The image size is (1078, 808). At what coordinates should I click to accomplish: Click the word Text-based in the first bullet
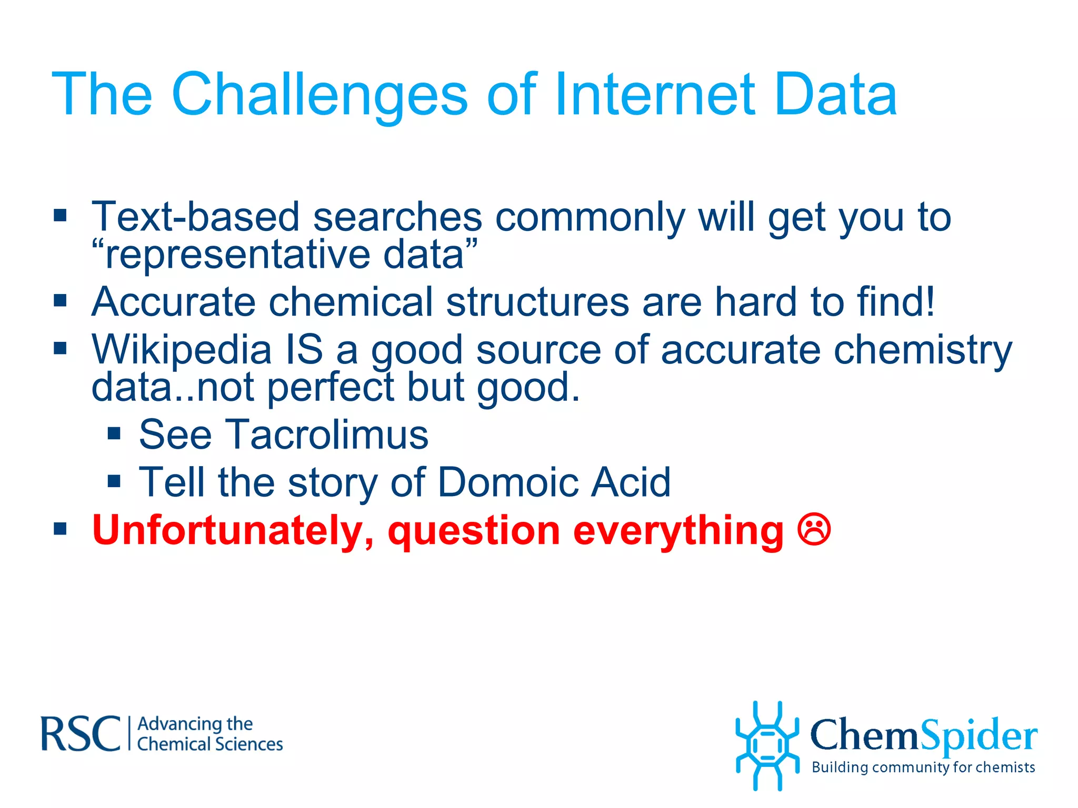[x=195, y=217]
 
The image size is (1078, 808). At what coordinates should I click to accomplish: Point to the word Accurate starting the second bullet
[x=173, y=302]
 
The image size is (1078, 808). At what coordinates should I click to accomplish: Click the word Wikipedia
[x=182, y=350]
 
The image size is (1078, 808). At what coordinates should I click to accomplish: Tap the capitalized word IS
[x=304, y=350]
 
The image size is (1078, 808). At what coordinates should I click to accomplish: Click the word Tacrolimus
[x=327, y=435]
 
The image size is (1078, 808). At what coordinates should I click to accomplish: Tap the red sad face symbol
[x=814, y=529]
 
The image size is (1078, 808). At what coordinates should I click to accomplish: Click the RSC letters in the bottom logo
[x=81, y=734]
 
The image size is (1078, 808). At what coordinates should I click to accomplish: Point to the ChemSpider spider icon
[x=767, y=745]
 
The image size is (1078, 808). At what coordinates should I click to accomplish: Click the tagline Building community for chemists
[x=923, y=767]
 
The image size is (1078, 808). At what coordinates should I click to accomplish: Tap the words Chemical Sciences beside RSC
[x=209, y=744]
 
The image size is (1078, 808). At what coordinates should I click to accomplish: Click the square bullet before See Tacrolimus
[x=114, y=433]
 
